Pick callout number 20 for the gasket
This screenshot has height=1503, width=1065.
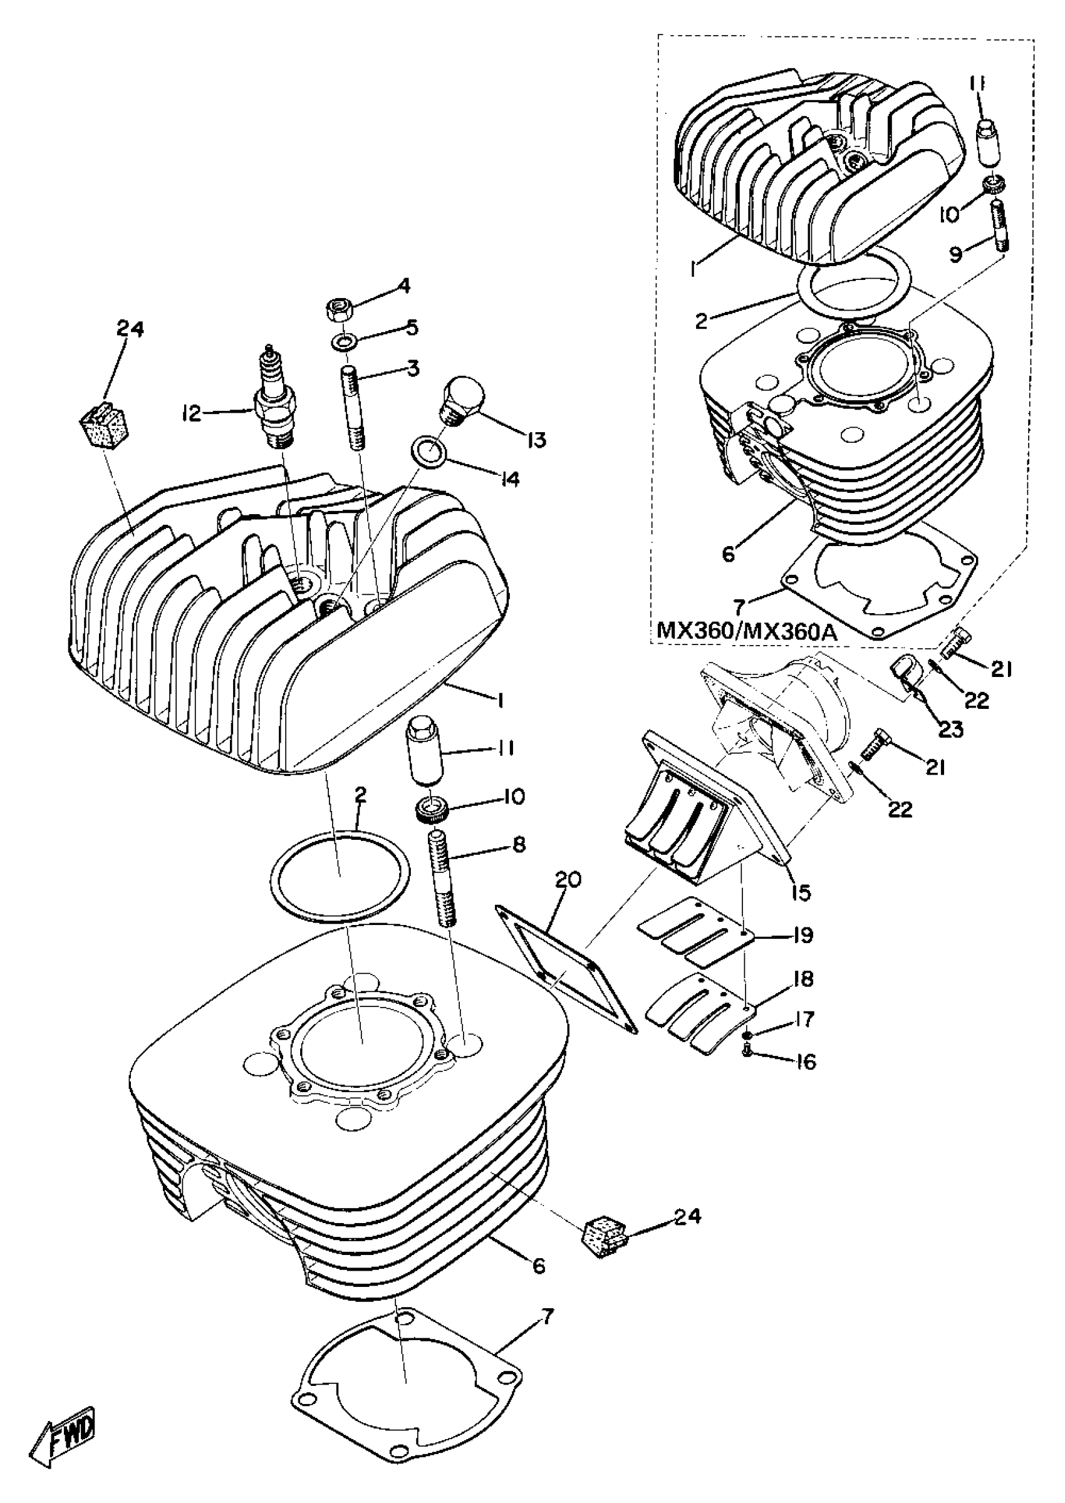(x=567, y=881)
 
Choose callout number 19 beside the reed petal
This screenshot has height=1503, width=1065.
(x=802, y=936)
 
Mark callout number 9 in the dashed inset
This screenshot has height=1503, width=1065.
(x=955, y=254)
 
